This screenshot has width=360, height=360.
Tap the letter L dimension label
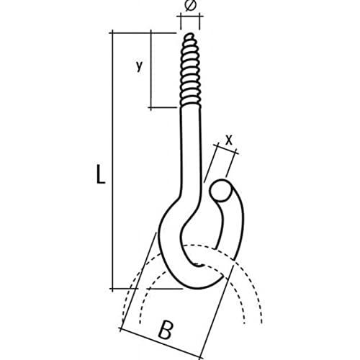click(101, 174)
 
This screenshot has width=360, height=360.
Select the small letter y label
click(139, 66)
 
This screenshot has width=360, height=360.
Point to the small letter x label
click(229, 140)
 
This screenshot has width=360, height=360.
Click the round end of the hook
click(221, 191)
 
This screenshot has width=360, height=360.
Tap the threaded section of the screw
click(191, 71)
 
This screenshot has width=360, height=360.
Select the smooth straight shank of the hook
click(191, 153)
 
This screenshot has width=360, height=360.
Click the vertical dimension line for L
click(112, 161)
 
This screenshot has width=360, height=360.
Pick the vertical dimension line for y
click(150, 70)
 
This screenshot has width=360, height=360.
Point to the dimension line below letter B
click(161, 343)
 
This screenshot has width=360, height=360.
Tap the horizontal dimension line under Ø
click(190, 17)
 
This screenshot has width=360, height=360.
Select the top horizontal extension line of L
click(143, 32)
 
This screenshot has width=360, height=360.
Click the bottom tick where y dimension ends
click(150, 107)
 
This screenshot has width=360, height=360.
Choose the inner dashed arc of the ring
click(192, 266)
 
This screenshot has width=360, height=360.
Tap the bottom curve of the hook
click(199, 283)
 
